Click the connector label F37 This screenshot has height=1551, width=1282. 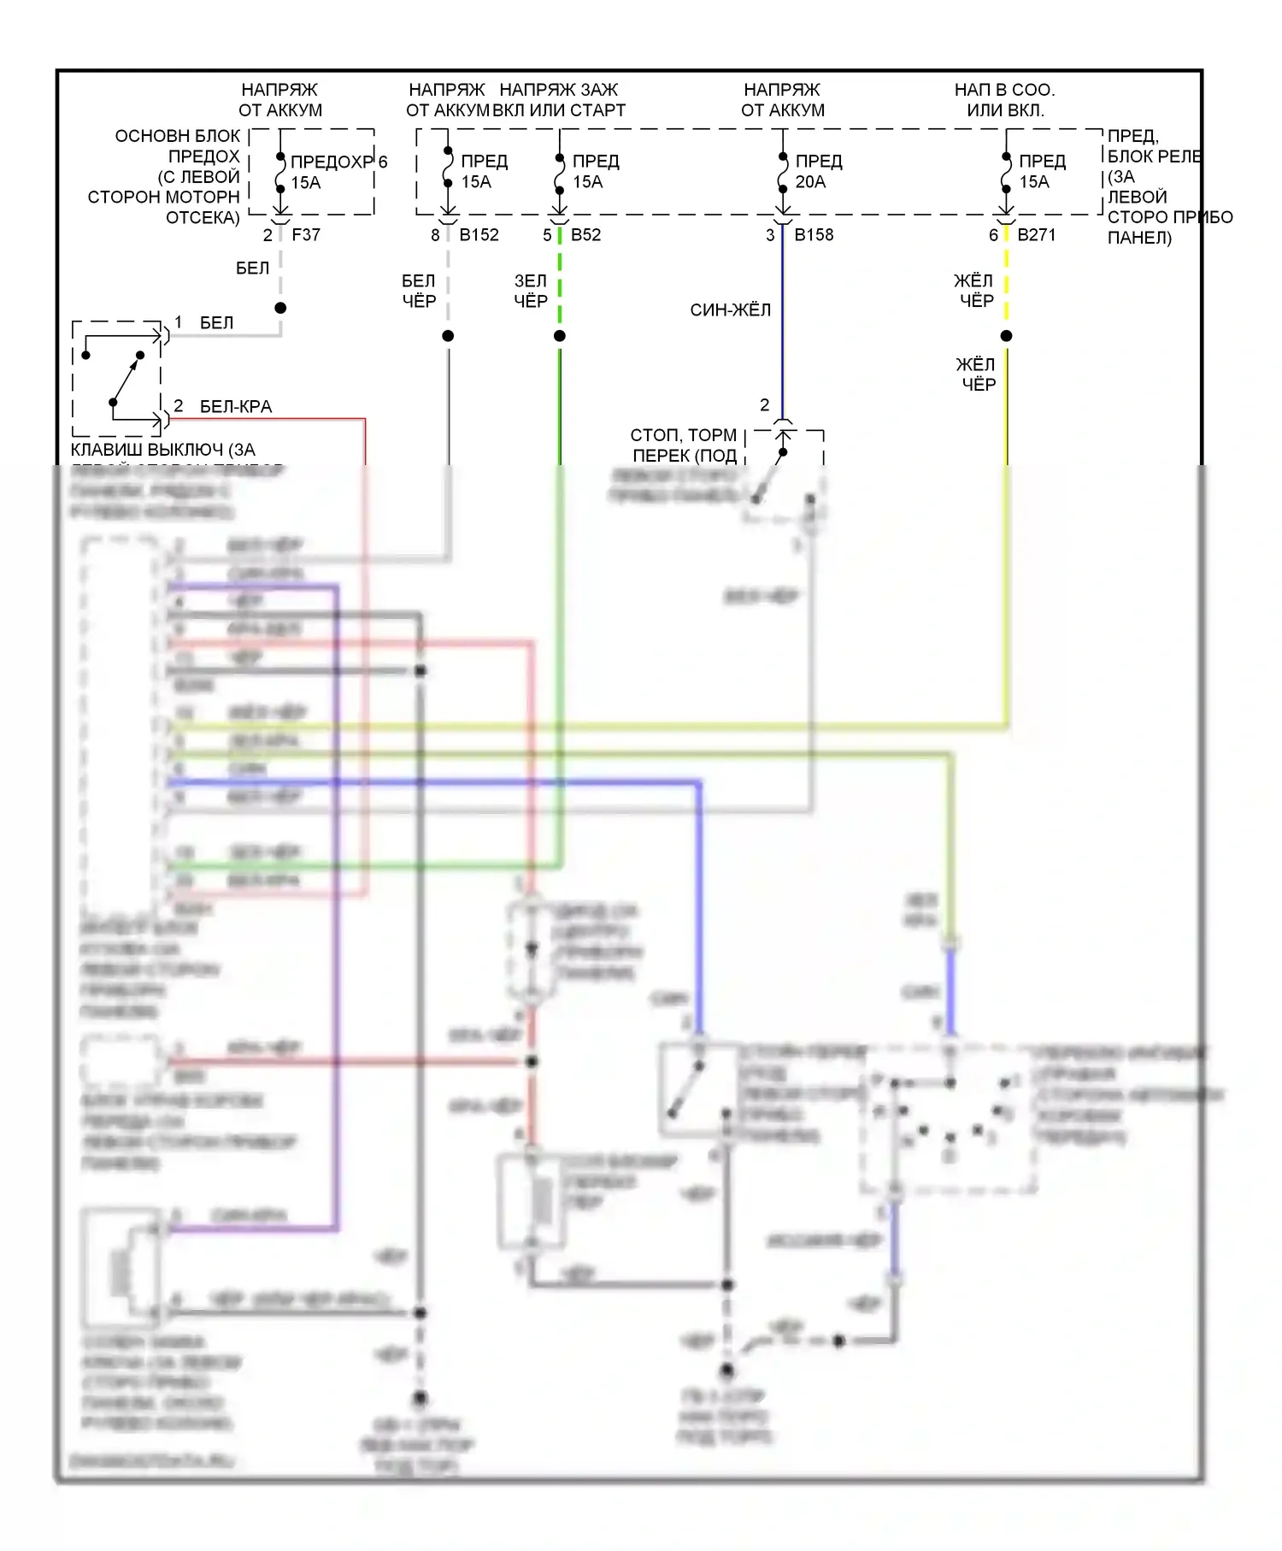tap(306, 234)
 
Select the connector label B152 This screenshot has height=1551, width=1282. tap(479, 234)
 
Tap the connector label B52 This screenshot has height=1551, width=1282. tap(585, 234)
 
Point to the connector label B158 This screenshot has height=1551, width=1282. tap(814, 234)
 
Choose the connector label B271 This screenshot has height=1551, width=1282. tap(1036, 234)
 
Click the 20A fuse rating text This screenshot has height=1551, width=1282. tap(810, 182)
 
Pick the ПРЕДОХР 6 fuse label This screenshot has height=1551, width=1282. tap(338, 162)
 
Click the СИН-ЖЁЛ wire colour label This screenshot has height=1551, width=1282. tap(730, 310)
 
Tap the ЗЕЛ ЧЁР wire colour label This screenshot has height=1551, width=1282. tap(530, 291)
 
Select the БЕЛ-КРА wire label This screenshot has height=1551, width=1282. tap(236, 407)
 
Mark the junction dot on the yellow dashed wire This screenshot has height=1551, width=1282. tap(1006, 336)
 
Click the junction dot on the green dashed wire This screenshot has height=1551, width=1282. tap(560, 336)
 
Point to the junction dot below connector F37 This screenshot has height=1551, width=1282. tap(280, 308)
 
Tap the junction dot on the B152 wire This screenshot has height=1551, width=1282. tap(448, 336)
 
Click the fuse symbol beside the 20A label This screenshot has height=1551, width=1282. tap(783, 171)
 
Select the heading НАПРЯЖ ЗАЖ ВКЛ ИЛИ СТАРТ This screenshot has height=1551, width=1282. tap(559, 100)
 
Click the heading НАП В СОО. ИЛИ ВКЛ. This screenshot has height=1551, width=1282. tap(1005, 100)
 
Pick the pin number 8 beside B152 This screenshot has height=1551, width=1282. tap(435, 235)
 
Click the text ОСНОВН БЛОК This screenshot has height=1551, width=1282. tap(178, 136)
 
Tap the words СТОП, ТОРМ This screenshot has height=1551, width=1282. tap(683, 435)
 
